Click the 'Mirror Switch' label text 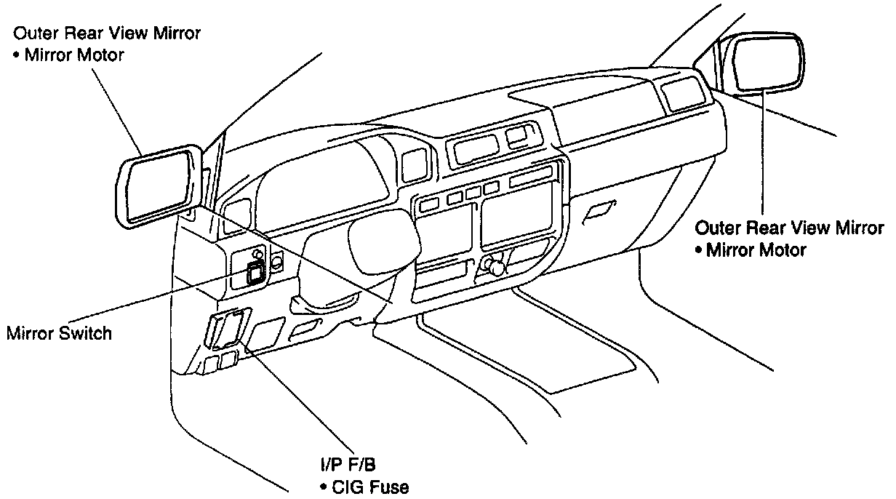[59, 333]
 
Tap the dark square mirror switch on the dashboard [255, 274]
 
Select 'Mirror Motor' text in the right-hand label [756, 250]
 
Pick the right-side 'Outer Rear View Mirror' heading [790, 228]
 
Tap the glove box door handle [601, 210]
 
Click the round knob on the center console [497, 267]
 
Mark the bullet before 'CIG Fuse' [321, 486]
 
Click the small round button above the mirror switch [257, 254]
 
